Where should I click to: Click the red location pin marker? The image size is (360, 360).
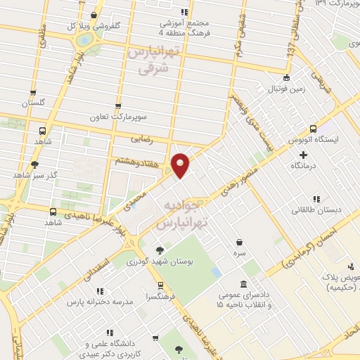181,165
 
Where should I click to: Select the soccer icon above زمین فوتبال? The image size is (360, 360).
285,78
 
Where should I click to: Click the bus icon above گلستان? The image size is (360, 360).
34,92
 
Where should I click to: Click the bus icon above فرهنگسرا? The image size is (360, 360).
162,285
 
